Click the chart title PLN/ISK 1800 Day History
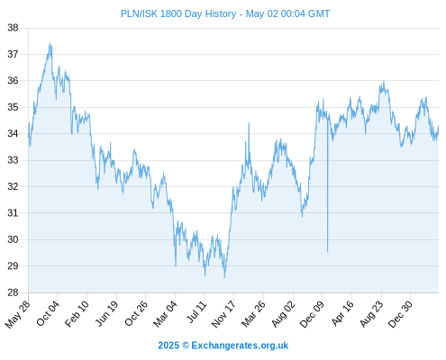(x=178, y=13)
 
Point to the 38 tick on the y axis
(x=13, y=28)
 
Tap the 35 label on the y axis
(x=13, y=107)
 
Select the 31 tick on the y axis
(x=13, y=213)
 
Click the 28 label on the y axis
(x=13, y=292)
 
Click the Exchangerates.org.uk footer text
(x=240, y=346)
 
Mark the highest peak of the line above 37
(x=50, y=43)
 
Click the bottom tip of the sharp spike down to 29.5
(x=327, y=252)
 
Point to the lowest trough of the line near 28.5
(x=224, y=277)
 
